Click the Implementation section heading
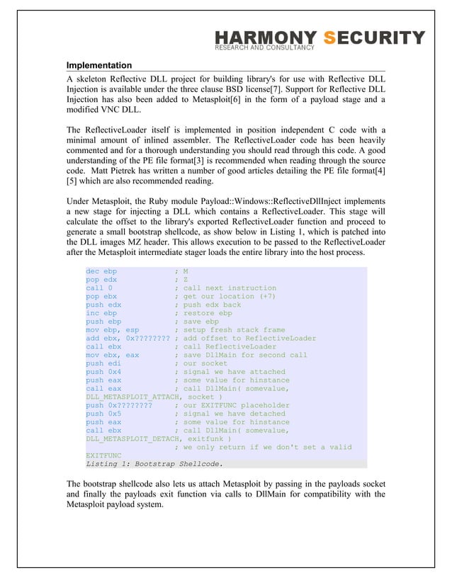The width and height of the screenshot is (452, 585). (x=99, y=65)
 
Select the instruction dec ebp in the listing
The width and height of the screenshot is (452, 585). (x=101, y=271)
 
